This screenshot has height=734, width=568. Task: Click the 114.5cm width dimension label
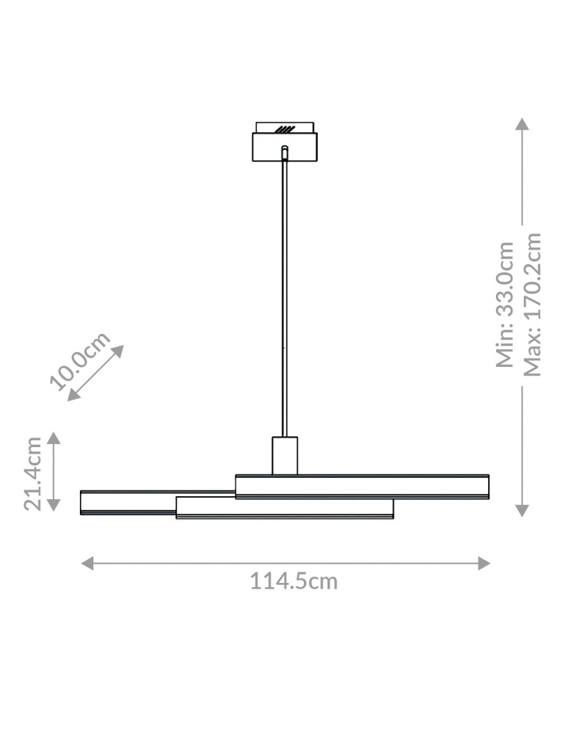point(294,581)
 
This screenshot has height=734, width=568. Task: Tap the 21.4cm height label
point(32,473)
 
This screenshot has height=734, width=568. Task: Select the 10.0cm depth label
point(80,361)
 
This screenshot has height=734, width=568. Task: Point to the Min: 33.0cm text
point(506,304)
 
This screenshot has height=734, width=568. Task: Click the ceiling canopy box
point(285,147)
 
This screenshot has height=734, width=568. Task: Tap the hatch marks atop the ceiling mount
point(285,129)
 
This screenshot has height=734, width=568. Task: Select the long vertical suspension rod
point(285,294)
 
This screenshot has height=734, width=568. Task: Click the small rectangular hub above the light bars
point(285,456)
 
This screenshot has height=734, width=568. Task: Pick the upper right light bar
point(363,487)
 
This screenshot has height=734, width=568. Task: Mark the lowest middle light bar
point(285,509)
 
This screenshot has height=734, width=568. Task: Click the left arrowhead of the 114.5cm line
point(87,563)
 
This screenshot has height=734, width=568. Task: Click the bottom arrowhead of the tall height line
point(522,510)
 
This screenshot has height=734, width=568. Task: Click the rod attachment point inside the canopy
point(285,150)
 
